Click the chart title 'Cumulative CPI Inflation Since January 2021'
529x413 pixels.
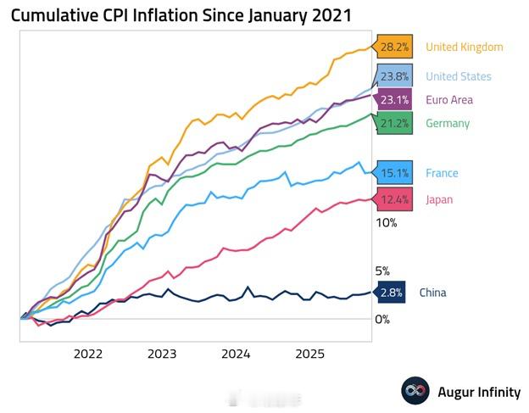click(x=181, y=16)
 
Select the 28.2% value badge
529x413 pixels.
click(x=394, y=47)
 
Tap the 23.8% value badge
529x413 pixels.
click(x=394, y=76)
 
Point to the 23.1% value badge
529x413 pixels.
click(x=394, y=99)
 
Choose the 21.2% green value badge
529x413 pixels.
click(x=394, y=123)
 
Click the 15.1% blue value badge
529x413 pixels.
click(x=394, y=173)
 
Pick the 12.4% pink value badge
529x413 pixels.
click(x=394, y=199)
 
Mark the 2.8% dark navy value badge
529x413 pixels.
click(x=390, y=293)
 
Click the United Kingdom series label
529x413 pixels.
click(x=464, y=47)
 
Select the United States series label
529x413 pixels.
click(x=458, y=76)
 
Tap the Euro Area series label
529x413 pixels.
click(x=449, y=99)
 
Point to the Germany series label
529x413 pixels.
click(x=448, y=123)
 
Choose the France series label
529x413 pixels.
click(x=442, y=173)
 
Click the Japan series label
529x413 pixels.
click(x=439, y=199)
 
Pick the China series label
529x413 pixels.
click(x=432, y=293)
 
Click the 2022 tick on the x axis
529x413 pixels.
click(x=88, y=353)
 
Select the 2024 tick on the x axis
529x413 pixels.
click(x=236, y=353)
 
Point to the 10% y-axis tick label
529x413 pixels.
click(x=386, y=223)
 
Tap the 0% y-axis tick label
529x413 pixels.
click(x=383, y=319)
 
